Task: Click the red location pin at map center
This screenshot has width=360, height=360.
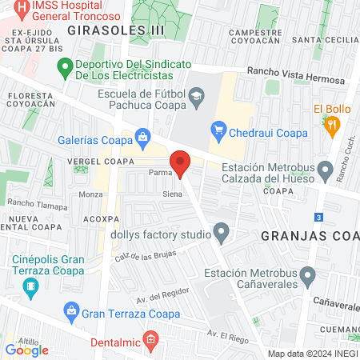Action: [x=181, y=162]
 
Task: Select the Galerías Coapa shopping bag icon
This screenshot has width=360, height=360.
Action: [x=143, y=137]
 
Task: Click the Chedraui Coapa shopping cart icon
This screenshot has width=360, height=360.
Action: [x=218, y=128]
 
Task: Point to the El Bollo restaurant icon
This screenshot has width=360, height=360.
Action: [x=333, y=125]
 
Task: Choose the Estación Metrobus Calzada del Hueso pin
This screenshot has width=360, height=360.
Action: [x=325, y=169]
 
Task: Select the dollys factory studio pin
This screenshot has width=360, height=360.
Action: [x=222, y=234]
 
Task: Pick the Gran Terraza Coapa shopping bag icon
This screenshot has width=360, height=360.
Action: [x=70, y=310]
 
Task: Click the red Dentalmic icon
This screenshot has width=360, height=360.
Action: [x=150, y=341]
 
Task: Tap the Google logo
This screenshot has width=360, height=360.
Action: [x=26, y=350]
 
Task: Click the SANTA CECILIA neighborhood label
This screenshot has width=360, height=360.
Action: [x=324, y=39]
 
